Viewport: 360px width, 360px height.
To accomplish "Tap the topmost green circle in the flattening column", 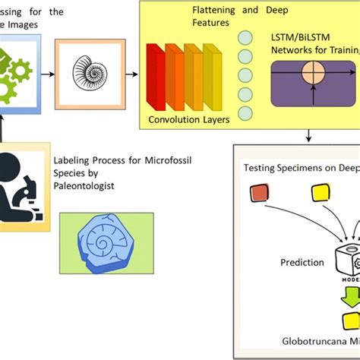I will (245, 37).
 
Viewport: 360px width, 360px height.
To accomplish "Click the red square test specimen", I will (260, 195).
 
